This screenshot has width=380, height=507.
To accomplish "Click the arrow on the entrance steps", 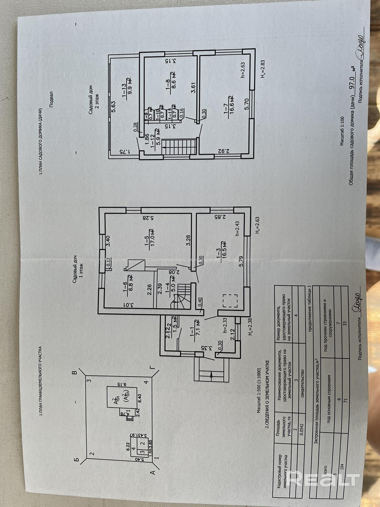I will [x=211, y=374].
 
